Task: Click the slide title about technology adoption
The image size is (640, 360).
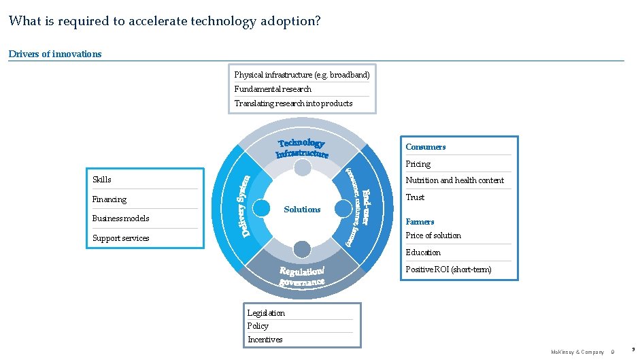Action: pyautogui.click(x=164, y=21)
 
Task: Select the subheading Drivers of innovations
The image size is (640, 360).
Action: pyautogui.click(x=55, y=54)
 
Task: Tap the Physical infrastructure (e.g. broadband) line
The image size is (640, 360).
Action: pyautogui.click(x=301, y=74)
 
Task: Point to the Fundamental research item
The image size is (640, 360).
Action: pyautogui.click(x=273, y=89)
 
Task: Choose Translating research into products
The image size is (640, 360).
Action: pyautogui.click(x=293, y=103)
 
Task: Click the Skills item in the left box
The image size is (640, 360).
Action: pyautogui.click(x=102, y=180)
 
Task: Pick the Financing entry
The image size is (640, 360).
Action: pyautogui.click(x=110, y=199)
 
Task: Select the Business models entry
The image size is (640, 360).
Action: pyautogui.click(x=120, y=218)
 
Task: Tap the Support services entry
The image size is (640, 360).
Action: pyautogui.click(x=120, y=238)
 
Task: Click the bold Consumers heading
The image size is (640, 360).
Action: pyautogui.click(x=425, y=147)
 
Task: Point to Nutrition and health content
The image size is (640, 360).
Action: pyautogui.click(x=454, y=180)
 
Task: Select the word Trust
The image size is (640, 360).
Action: pyautogui.click(x=415, y=197)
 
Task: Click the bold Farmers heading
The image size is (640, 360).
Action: pyautogui.click(x=420, y=222)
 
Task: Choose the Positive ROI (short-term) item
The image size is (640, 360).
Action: pyautogui.click(x=448, y=269)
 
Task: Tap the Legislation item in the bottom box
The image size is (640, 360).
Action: pyautogui.click(x=266, y=313)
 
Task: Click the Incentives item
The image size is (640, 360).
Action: pyautogui.click(x=265, y=340)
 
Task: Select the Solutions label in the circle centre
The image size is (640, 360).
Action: pyautogui.click(x=302, y=210)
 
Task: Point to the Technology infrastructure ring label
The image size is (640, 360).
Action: pyautogui.click(x=302, y=148)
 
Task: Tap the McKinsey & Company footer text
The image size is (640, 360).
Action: pyautogui.click(x=577, y=352)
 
